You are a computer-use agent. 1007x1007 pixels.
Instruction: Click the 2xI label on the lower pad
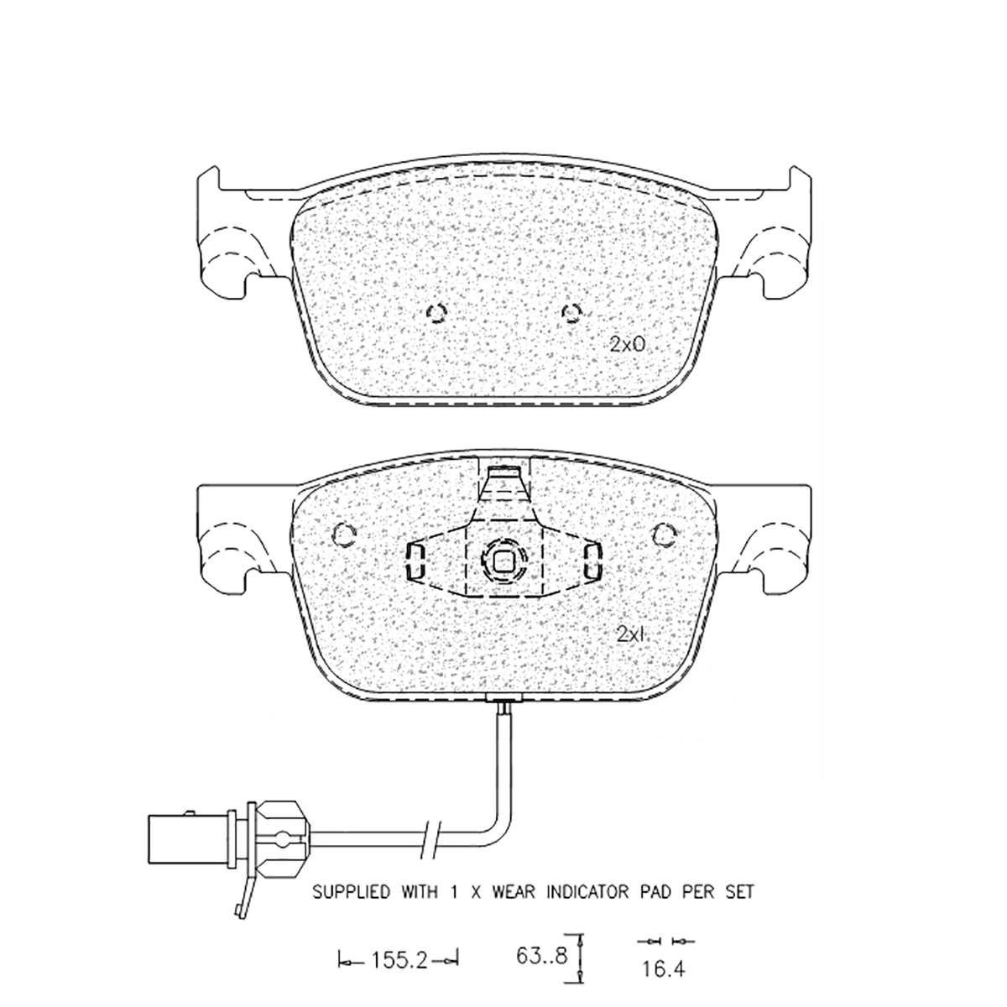point(631,635)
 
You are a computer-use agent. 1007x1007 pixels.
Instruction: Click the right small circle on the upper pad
point(571,314)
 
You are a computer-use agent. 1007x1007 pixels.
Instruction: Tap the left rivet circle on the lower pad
point(344,535)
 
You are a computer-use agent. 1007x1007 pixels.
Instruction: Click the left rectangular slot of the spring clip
point(415,561)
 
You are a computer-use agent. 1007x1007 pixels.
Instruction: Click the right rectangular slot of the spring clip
point(592,561)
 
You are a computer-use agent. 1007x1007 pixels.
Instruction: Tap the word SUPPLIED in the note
point(351,892)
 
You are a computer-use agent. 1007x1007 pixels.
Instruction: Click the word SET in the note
point(738,892)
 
